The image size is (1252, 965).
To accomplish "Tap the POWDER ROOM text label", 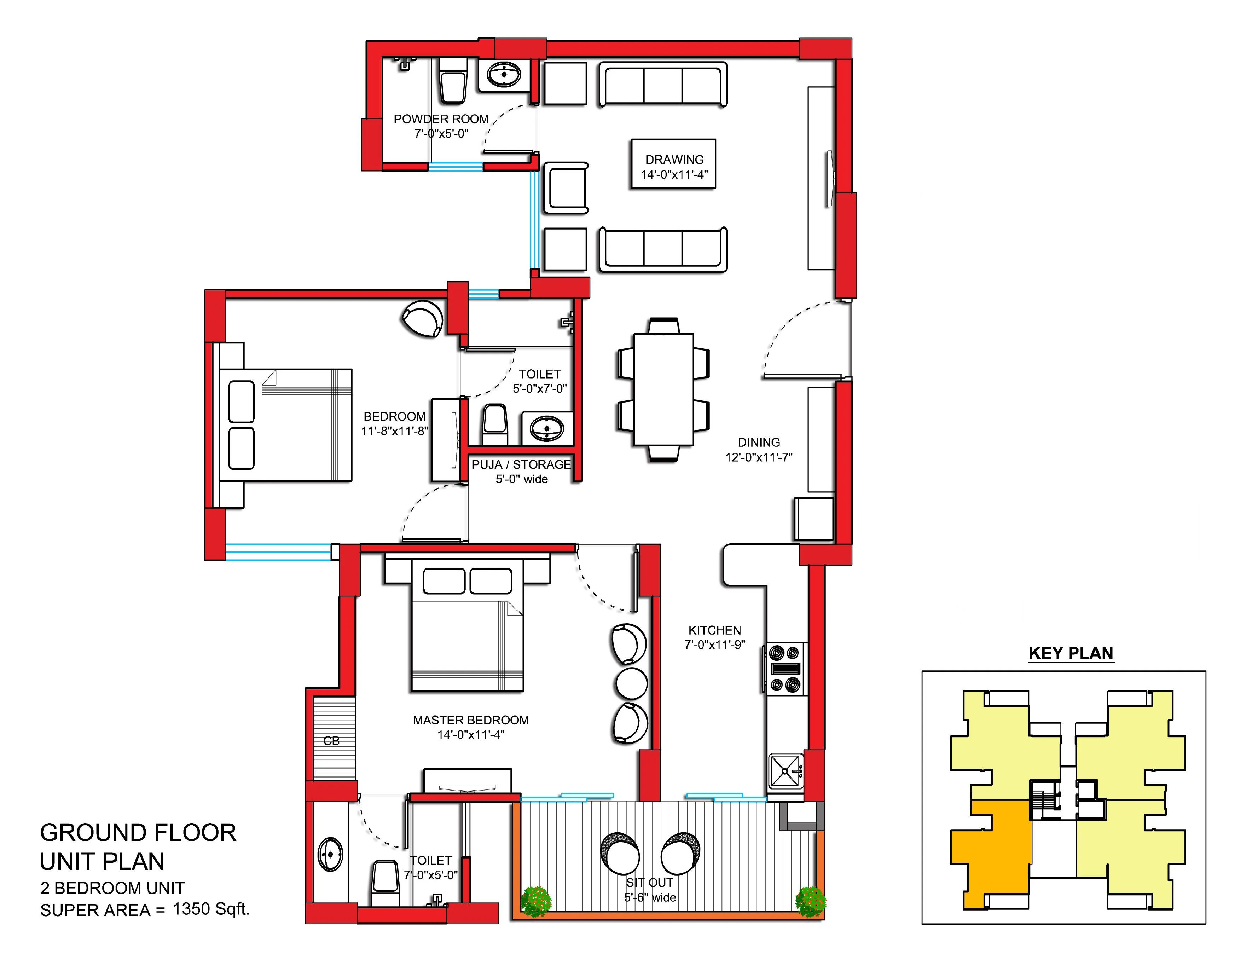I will (441, 119).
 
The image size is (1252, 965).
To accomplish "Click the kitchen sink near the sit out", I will (786, 771).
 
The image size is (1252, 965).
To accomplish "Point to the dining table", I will (663, 390).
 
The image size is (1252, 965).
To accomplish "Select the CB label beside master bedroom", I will (331, 741).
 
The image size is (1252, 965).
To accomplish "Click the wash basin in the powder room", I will (504, 75).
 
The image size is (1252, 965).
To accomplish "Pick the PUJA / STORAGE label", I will (521, 464).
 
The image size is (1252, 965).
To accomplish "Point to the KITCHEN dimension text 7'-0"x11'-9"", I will (714, 645).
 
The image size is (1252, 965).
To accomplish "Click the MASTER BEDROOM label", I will (471, 720).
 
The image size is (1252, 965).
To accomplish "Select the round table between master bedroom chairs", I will (631, 683).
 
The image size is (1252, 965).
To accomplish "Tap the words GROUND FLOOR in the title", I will (138, 833).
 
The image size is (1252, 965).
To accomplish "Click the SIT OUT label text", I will (649, 883).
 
